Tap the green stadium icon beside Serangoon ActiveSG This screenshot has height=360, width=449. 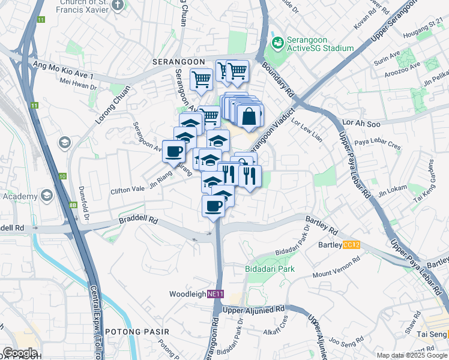point(277,43)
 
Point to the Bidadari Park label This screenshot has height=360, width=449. point(270,269)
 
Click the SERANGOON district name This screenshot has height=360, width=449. point(179,62)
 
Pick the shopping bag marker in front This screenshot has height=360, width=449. point(249,115)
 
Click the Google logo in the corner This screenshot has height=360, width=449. point(20,353)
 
